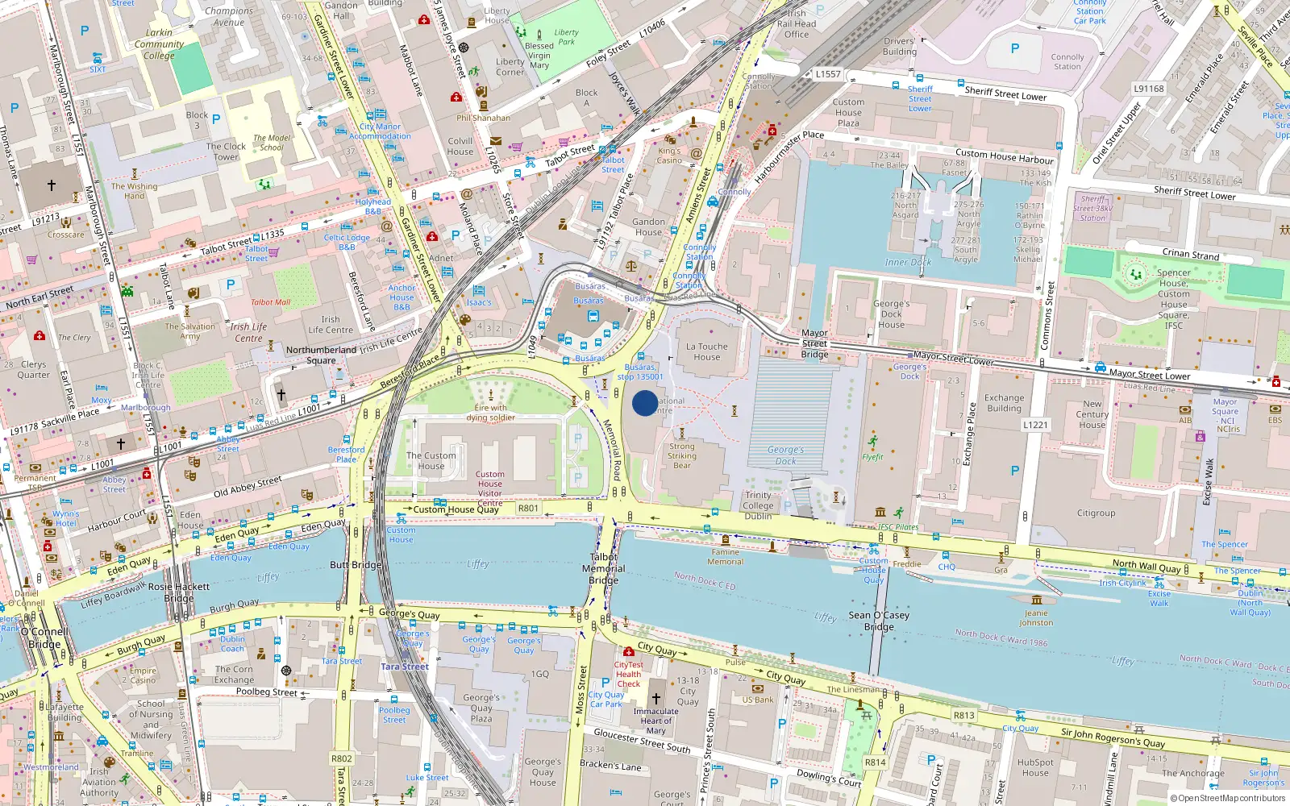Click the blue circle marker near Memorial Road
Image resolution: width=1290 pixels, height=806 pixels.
(645, 403)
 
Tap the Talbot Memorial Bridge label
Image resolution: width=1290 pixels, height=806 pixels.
(603, 568)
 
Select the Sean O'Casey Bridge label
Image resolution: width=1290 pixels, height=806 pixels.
(878, 621)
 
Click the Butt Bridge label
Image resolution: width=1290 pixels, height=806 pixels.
(356, 565)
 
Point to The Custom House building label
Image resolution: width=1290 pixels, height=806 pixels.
(431, 461)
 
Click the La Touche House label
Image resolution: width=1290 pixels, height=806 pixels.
(706, 352)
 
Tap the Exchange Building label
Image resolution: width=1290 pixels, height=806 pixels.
(1004, 403)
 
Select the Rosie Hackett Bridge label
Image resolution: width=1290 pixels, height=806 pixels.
(179, 592)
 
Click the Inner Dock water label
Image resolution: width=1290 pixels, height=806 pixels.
(908, 263)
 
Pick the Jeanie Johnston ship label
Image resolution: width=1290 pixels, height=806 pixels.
(1036, 617)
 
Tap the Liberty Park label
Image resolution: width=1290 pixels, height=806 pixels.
(566, 37)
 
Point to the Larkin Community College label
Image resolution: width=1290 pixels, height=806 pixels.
(159, 44)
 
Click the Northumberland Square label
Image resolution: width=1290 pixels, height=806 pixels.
(321, 355)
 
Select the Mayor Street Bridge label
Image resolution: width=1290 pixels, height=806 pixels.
(814, 343)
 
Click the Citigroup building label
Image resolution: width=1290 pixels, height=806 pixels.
(1096, 513)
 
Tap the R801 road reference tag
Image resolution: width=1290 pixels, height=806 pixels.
(528, 509)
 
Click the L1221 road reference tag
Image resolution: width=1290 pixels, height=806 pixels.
(1035, 425)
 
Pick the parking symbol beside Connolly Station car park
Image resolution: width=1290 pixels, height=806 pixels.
(1014, 48)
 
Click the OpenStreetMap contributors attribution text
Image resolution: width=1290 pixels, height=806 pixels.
(1228, 798)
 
